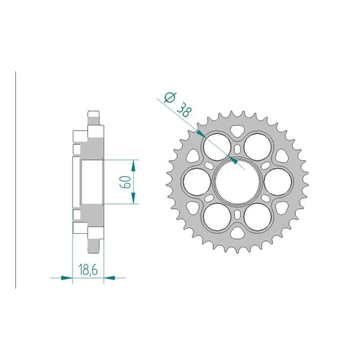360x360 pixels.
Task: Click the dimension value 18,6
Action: click(88, 270)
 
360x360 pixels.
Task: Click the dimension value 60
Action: click(125, 182)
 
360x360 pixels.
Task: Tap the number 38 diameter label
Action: click(184, 111)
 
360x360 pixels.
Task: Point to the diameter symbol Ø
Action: click(170, 97)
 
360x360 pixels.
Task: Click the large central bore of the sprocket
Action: click(237, 181)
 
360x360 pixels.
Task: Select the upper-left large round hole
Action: click(217, 147)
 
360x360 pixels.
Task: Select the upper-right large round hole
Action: click(258, 147)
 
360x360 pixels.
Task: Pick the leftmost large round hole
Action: click(197, 181)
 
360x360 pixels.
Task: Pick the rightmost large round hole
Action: click(278, 181)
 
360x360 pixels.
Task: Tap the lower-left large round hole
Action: click(217, 216)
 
